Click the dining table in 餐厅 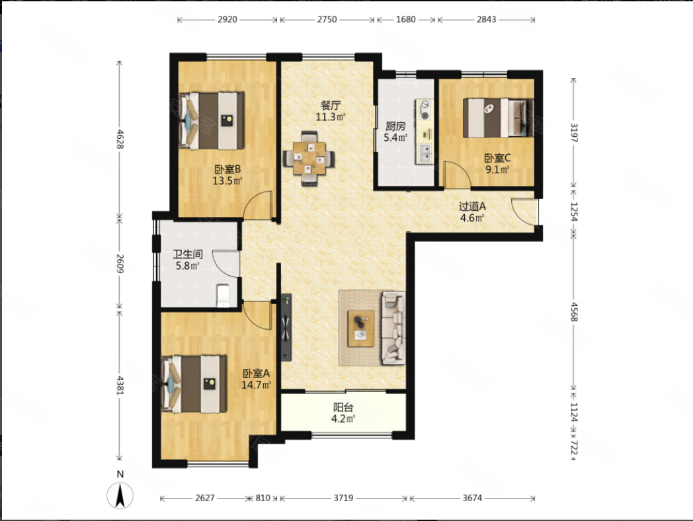click(309, 158)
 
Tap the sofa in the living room click(393, 328)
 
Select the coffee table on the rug click(360, 329)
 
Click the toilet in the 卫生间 click(224, 295)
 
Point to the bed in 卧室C click(498, 118)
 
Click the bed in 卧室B click(211, 120)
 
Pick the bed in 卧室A click(194, 383)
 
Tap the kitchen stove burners click(425, 110)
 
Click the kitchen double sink click(425, 153)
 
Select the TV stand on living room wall click(286, 327)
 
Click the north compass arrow click(120, 495)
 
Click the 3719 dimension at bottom click(343, 498)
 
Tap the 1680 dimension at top click(406, 19)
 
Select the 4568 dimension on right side click(574, 312)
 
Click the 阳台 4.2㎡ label click(343, 413)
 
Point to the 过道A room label click(472, 206)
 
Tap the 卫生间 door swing click(226, 264)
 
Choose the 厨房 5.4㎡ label click(395, 132)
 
